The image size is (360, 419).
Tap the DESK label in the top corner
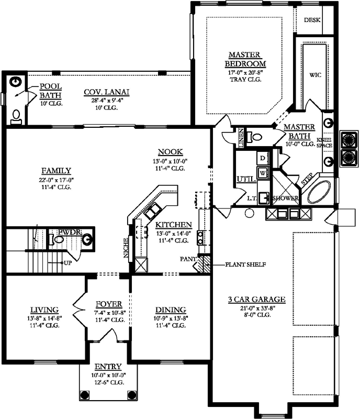[x=312, y=20]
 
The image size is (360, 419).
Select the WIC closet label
[x=315, y=75]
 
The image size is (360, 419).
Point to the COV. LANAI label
[x=106, y=93]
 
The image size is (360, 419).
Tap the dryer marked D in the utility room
[x=262, y=158]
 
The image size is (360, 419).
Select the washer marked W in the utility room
[x=262, y=171]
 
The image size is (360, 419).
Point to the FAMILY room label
[x=56, y=170]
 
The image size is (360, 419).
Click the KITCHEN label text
[x=172, y=225]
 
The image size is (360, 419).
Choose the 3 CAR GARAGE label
[x=256, y=300]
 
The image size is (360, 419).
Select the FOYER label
[x=109, y=304]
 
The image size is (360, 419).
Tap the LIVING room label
[x=44, y=310]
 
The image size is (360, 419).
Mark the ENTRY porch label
[x=108, y=367]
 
